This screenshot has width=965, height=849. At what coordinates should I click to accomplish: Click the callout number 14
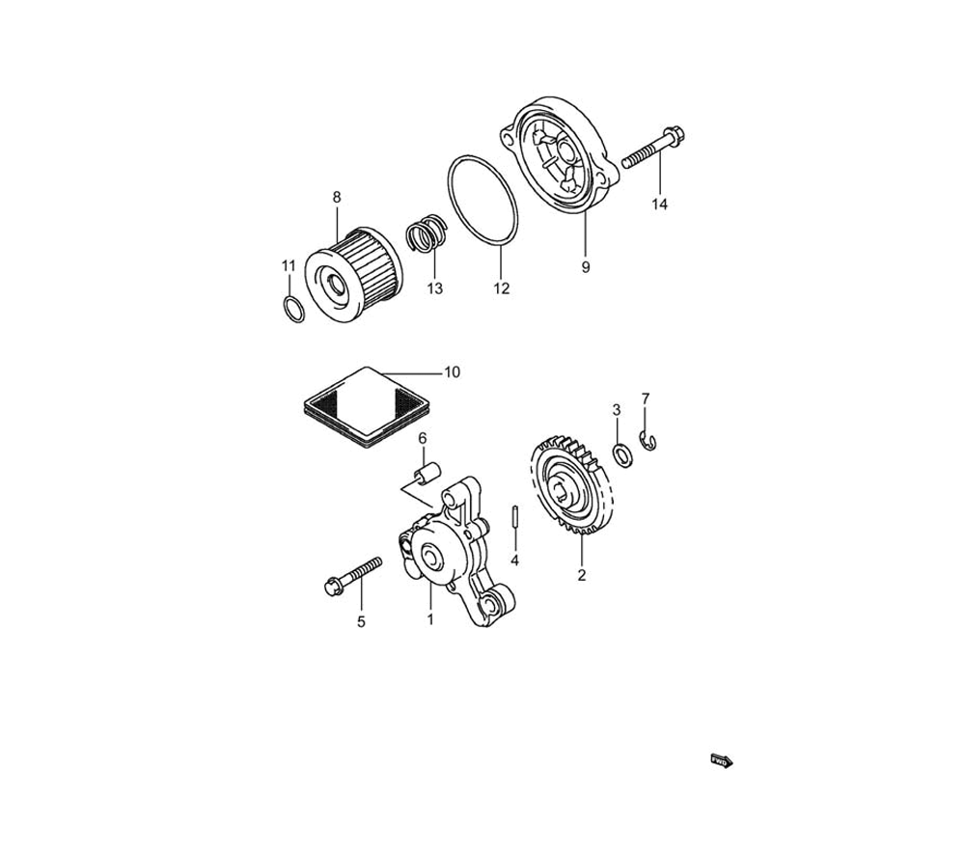(659, 204)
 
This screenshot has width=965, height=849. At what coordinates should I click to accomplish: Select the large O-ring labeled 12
(482, 202)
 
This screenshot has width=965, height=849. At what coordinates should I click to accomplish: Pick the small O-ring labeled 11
(293, 309)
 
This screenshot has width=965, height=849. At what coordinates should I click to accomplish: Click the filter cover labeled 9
(561, 157)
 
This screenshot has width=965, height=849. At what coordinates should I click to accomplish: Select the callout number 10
(452, 372)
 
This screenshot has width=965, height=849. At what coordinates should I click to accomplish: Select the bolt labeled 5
(352, 575)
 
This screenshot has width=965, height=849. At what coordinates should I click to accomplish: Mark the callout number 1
(430, 619)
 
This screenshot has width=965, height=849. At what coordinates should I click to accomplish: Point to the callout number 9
(586, 267)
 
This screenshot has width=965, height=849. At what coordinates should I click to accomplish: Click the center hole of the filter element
(337, 285)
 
